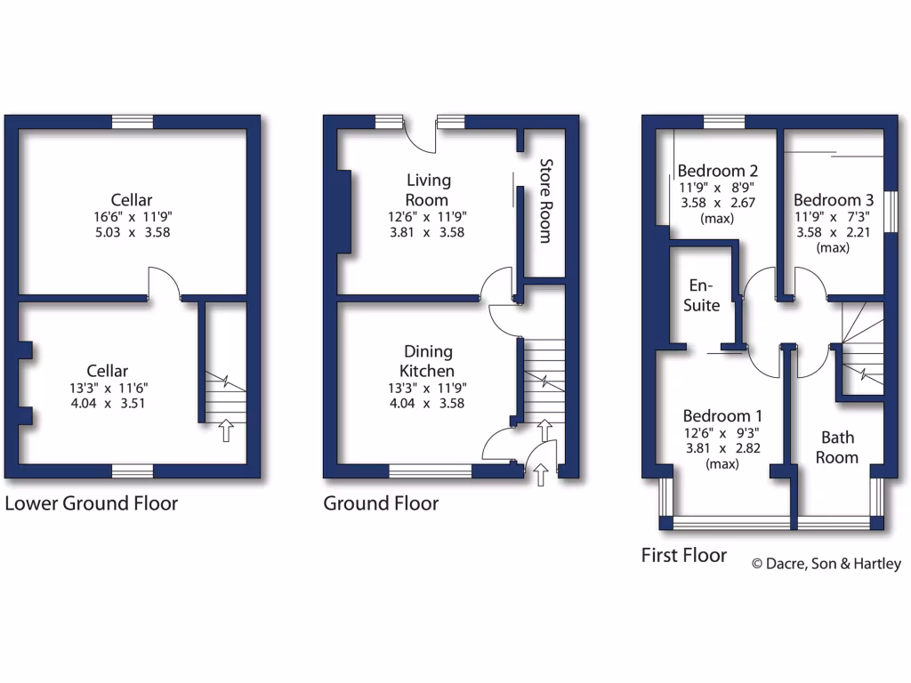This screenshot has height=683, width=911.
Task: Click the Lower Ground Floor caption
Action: (92, 503)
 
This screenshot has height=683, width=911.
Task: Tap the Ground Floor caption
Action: (381, 503)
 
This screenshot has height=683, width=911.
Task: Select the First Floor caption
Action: (684, 556)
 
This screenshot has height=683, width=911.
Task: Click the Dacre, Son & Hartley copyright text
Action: (826, 563)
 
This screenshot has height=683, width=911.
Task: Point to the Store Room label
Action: (546, 201)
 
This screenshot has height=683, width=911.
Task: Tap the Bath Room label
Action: (837, 447)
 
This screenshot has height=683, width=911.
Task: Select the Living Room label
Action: (428, 189)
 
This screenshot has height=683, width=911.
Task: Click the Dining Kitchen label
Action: (427, 361)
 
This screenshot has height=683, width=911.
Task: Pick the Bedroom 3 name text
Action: (827, 200)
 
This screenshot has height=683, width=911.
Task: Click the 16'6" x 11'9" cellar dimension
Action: (132, 217)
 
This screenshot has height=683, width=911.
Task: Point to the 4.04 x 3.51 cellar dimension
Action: (108, 402)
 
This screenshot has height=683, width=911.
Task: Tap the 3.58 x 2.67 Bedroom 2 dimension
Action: (716, 203)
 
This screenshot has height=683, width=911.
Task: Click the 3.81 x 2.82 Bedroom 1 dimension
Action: (722, 448)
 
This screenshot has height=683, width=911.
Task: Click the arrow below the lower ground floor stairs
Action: (226, 431)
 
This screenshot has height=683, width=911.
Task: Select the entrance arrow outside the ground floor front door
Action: (542, 476)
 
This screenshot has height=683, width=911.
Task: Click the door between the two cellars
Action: (165, 283)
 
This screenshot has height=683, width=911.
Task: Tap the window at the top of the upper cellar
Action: (133, 123)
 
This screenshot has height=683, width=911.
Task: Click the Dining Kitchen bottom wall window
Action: (431, 471)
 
